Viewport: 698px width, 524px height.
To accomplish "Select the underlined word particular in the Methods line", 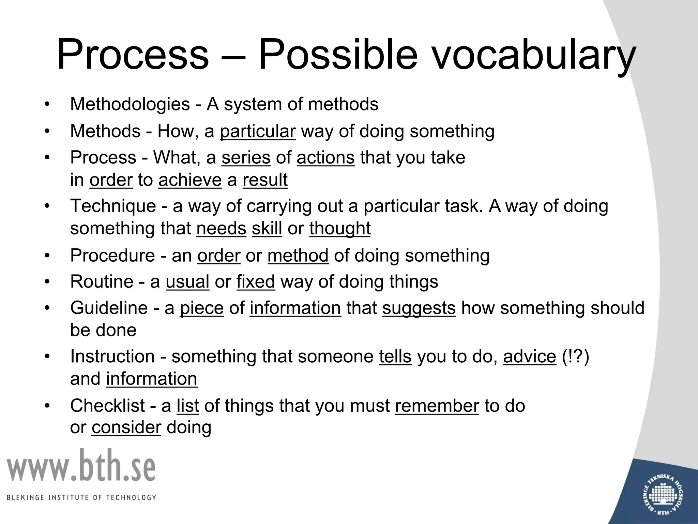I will [x=258, y=131].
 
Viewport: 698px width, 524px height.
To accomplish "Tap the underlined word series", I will [x=246, y=158].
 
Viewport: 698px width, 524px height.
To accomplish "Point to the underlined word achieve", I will [x=190, y=180].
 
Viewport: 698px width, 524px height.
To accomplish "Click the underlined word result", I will [x=265, y=180].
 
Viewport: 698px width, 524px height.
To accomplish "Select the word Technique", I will [x=113, y=206].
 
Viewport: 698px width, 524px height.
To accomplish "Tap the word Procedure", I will [x=112, y=255].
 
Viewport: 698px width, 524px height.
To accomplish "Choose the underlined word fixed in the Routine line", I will [x=256, y=281].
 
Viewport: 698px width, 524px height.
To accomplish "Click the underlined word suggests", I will [x=419, y=308].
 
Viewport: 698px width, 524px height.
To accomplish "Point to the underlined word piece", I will [x=202, y=308].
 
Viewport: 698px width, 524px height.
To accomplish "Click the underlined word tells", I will [x=395, y=356].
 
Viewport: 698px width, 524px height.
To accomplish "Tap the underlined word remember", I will [x=437, y=406].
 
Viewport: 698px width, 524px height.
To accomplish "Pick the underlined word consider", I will [x=126, y=427].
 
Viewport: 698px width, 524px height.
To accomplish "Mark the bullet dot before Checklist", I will [x=47, y=406].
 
